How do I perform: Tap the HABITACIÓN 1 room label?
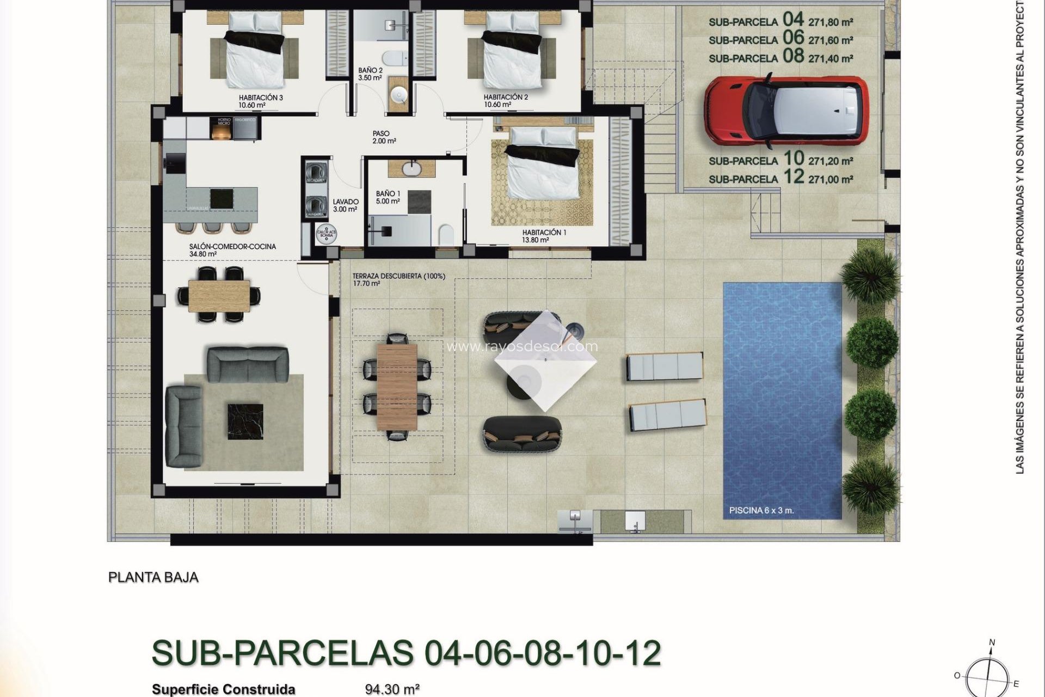pos(544,233)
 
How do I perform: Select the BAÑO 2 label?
pos(370,71)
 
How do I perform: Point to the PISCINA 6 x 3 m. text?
pos(761,511)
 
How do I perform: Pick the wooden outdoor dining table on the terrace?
pos(397,387)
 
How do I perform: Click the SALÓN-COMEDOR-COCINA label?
pos(232,247)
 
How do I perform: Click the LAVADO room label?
pos(346,202)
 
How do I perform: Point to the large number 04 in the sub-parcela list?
pos(793,20)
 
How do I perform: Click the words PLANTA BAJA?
pos(153,577)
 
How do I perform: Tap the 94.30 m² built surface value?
pos(392,689)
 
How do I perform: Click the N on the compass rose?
pos(992,643)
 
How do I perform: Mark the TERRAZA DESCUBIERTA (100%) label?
pos(398,276)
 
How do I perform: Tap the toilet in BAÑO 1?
pos(446,236)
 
